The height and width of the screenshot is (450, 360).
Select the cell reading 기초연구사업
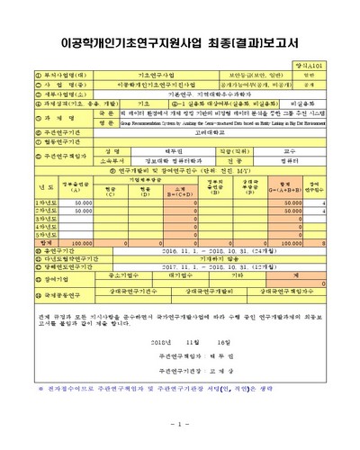point(149,75)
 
